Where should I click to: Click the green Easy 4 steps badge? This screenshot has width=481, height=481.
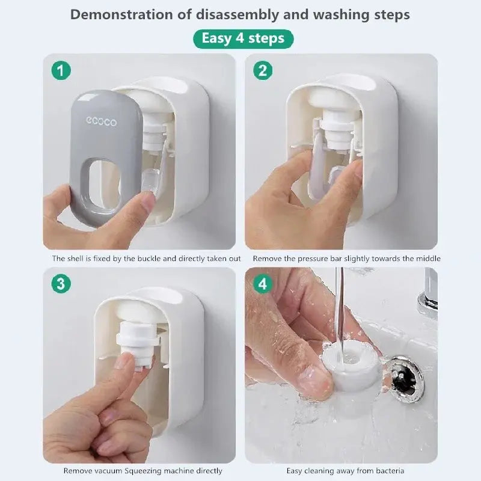point(243,39)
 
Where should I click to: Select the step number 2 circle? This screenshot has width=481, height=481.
point(262,71)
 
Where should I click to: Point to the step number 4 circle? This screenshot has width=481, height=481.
point(262,284)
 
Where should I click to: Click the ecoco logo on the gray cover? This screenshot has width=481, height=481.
point(101,122)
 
